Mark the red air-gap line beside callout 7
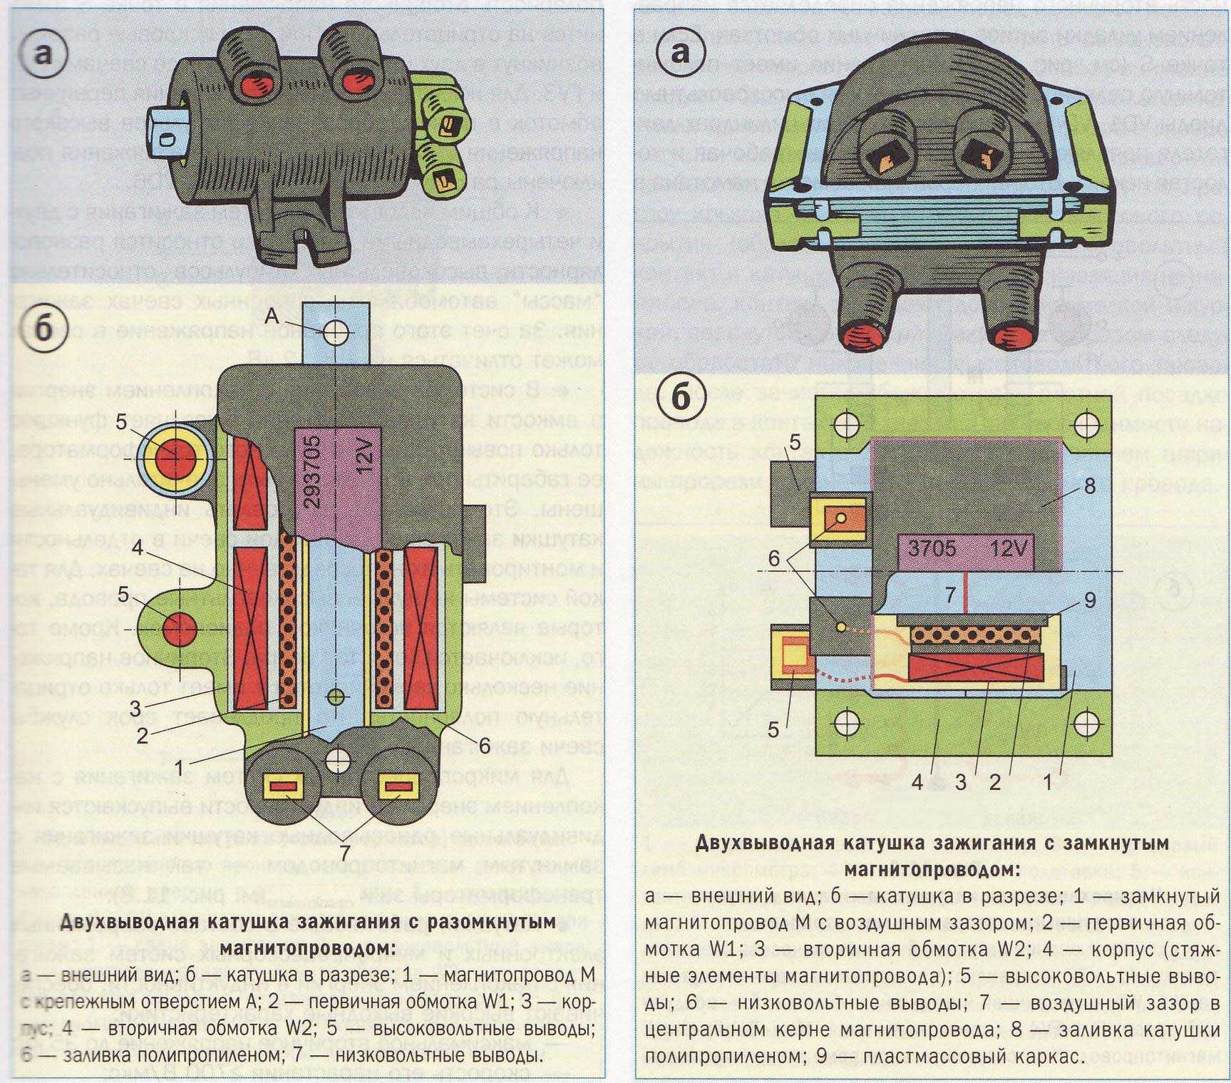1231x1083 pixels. coord(964,591)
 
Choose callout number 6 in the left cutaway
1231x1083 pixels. coord(484,746)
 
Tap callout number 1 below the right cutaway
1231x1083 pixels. coord(1047,782)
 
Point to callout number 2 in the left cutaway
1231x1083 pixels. coord(142,735)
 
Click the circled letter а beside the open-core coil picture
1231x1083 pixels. coord(43,53)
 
